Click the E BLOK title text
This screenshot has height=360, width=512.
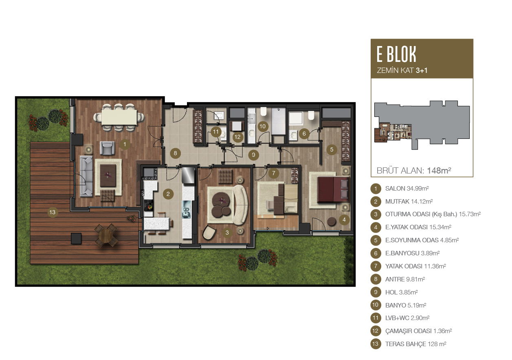coord(396,54)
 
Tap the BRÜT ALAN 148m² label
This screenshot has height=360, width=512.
coord(414,171)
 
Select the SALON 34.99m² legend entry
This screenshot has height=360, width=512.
coord(407,189)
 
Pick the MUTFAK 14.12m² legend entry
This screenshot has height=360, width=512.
coord(409,202)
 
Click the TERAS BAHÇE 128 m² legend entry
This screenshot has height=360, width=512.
coord(415,344)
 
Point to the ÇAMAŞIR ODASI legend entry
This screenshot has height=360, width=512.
coord(418,331)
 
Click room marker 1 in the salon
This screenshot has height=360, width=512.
coord(125,144)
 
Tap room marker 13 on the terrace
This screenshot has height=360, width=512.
coord(53,212)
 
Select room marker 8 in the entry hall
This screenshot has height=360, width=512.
coord(175,153)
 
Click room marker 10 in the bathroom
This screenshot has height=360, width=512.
coord(263,126)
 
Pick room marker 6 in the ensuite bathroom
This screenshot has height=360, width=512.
coord(304,134)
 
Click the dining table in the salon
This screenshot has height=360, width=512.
coord(119,117)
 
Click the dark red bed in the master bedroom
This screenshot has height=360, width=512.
coord(333,189)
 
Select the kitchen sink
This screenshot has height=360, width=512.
coord(186,209)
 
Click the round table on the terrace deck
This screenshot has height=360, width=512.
coord(106,235)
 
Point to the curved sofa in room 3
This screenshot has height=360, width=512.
coord(241,204)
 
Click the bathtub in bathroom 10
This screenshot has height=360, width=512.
coord(278,121)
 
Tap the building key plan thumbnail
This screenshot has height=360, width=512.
coord(422,125)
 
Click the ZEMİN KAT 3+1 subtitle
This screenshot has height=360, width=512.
coord(402,70)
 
